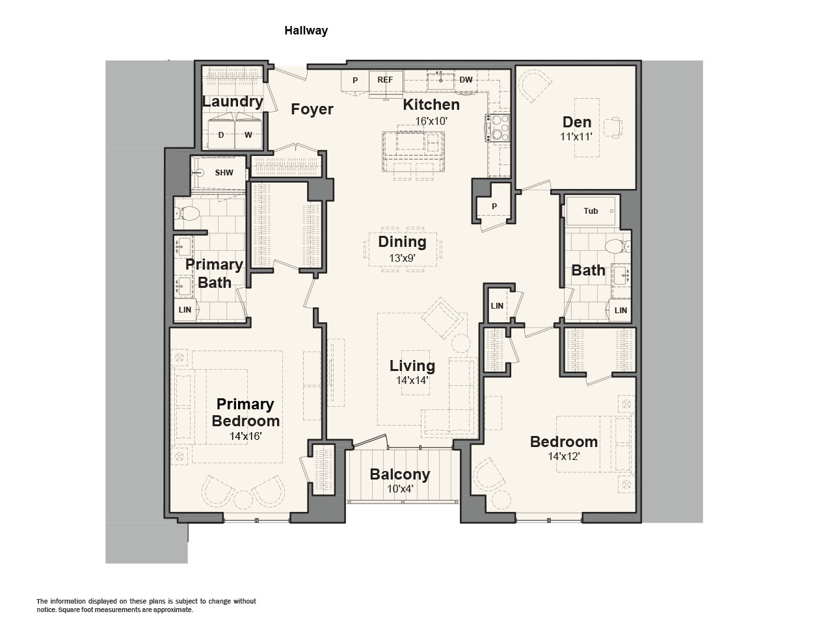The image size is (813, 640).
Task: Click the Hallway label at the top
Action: [x=306, y=31]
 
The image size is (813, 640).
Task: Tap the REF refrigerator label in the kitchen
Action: [x=385, y=80]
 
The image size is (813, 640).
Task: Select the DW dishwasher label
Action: [x=466, y=80]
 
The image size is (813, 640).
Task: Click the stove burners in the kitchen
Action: [x=498, y=127]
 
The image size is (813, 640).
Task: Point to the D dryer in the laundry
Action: [x=221, y=134]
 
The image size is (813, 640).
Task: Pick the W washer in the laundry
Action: [x=248, y=134]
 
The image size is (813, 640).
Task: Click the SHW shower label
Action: [x=224, y=173]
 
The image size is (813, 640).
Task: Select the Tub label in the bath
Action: [x=591, y=211]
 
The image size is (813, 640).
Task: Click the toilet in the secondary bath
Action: [x=618, y=247]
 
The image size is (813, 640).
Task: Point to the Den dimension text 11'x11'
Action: [x=576, y=136]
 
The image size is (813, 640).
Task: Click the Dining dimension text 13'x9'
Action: [x=403, y=258]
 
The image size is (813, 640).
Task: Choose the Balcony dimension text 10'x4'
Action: [x=400, y=489]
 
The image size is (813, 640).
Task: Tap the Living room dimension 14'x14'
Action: [x=412, y=380]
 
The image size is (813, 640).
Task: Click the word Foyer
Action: [x=312, y=109]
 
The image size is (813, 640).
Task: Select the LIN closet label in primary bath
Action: [x=185, y=310]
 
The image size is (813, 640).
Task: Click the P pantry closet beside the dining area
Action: [x=494, y=207]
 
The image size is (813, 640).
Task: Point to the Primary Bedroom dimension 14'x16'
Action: [x=246, y=436]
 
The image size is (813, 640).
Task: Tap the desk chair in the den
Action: [x=613, y=128]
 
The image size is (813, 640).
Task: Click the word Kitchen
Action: [x=431, y=105]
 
